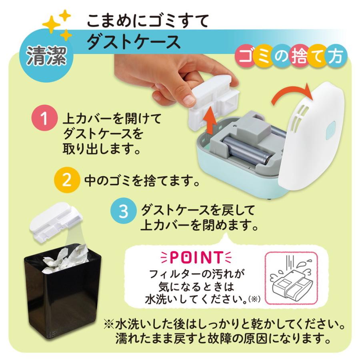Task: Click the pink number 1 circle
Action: tap(45, 120)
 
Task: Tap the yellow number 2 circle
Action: tap(68, 180)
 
